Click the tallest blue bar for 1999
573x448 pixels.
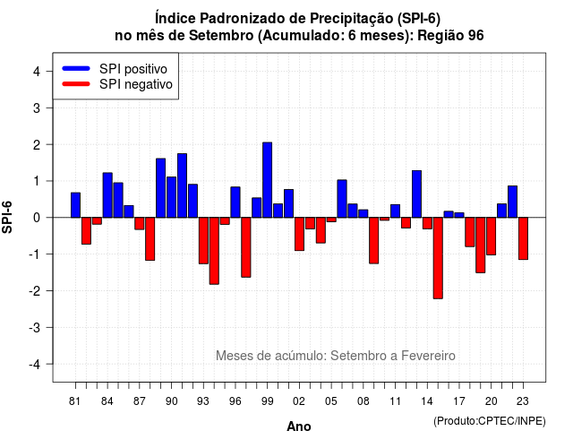click(267, 180)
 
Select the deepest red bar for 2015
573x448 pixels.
click(438, 258)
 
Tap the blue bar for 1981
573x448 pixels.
click(75, 205)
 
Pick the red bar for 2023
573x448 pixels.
click(523, 238)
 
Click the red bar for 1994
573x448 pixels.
click(214, 251)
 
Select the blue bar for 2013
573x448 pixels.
click(416, 194)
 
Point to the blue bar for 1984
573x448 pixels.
click(107, 195)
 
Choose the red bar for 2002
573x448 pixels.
click(299, 234)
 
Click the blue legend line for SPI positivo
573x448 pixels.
click(76, 68)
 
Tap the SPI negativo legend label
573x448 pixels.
click(136, 84)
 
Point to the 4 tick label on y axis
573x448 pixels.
click(37, 72)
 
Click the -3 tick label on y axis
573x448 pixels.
click(34, 328)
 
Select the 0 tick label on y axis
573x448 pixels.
click(37, 218)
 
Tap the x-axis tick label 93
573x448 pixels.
click(203, 401)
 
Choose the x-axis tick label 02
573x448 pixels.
click(299, 401)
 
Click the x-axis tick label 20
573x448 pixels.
click(492, 401)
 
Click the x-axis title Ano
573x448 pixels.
click(299, 426)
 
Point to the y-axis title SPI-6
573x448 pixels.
click(7, 217)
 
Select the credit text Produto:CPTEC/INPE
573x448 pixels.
click(490, 421)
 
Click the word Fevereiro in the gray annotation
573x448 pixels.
click(428, 356)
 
